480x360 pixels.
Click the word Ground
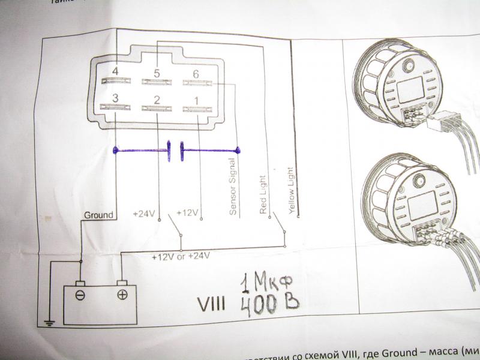[97, 214]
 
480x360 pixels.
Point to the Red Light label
[263, 194]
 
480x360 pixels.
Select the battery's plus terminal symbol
[122, 294]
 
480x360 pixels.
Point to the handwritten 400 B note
[268, 305]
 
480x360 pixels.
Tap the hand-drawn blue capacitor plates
[175, 151]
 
